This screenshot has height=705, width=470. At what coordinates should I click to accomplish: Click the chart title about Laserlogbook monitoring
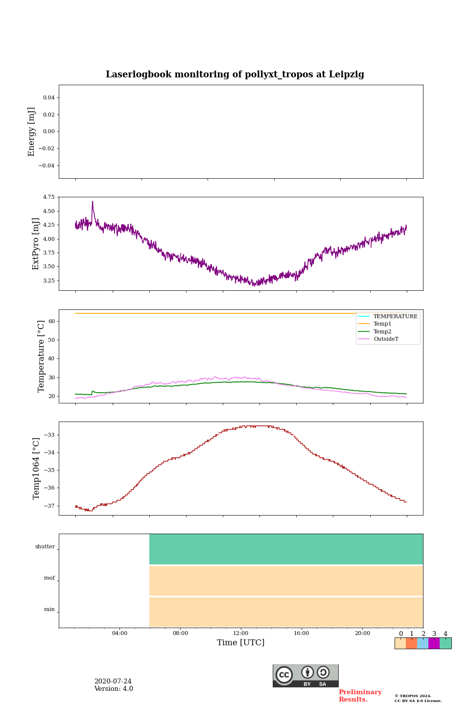pyautogui.click(x=235, y=74)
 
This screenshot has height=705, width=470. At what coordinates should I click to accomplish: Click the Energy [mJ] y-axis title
pyautogui.click(x=32, y=132)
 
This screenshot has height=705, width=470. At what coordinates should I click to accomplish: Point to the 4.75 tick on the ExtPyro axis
pyautogui.click(x=48, y=197)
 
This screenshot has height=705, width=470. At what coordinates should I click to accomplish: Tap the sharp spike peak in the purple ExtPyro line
pyautogui.click(x=93, y=201)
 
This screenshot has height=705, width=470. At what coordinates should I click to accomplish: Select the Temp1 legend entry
pyautogui.click(x=382, y=324)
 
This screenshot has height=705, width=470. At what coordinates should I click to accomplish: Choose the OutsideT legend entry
pyautogui.click(x=386, y=339)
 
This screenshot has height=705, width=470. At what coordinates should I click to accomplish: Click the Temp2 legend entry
pyautogui.click(x=382, y=331)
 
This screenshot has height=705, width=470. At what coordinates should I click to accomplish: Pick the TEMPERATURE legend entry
pyautogui.click(x=395, y=316)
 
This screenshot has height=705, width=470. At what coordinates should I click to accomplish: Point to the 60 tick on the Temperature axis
pyautogui.click(x=51, y=321)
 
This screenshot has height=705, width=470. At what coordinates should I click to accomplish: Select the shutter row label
pyautogui.click(x=45, y=547)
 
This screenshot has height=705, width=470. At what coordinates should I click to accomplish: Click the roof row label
pyautogui.click(x=49, y=578)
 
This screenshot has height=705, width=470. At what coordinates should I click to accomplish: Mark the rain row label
pyautogui.click(x=49, y=610)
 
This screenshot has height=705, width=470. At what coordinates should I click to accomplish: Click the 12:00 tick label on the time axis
pyautogui.click(x=241, y=633)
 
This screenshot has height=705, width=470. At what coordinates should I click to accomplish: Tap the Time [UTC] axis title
pyautogui.click(x=241, y=643)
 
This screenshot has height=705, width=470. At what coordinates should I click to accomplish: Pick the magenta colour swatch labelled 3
pyautogui.click(x=434, y=643)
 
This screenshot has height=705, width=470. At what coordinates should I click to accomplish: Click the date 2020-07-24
pyautogui.click(x=113, y=681)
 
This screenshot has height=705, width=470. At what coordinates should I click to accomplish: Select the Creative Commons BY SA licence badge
pyautogui.click(x=305, y=676)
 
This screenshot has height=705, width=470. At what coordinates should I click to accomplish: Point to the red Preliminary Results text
pyautogui.click(x=360, y=696)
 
